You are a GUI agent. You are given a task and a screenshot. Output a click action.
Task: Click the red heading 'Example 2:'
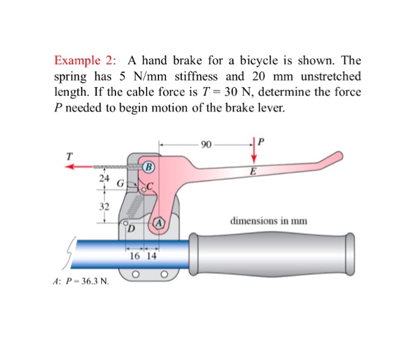[85, 61]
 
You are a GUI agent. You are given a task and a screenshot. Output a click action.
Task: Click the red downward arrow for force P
[255, 152]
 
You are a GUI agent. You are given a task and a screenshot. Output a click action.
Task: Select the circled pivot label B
[148, 166]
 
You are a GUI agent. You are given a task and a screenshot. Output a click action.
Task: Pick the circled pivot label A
[159, 222]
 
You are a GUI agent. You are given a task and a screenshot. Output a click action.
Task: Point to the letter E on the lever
[252, 172]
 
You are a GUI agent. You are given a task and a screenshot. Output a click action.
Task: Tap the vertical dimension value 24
[104, 178]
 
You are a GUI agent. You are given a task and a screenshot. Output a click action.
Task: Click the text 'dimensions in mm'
[269, 221]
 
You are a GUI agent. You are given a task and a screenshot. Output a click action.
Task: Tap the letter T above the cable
[69, 156]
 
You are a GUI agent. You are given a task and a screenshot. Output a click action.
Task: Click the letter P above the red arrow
[262, 141]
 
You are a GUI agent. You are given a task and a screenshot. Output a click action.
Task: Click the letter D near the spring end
[131, 228]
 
